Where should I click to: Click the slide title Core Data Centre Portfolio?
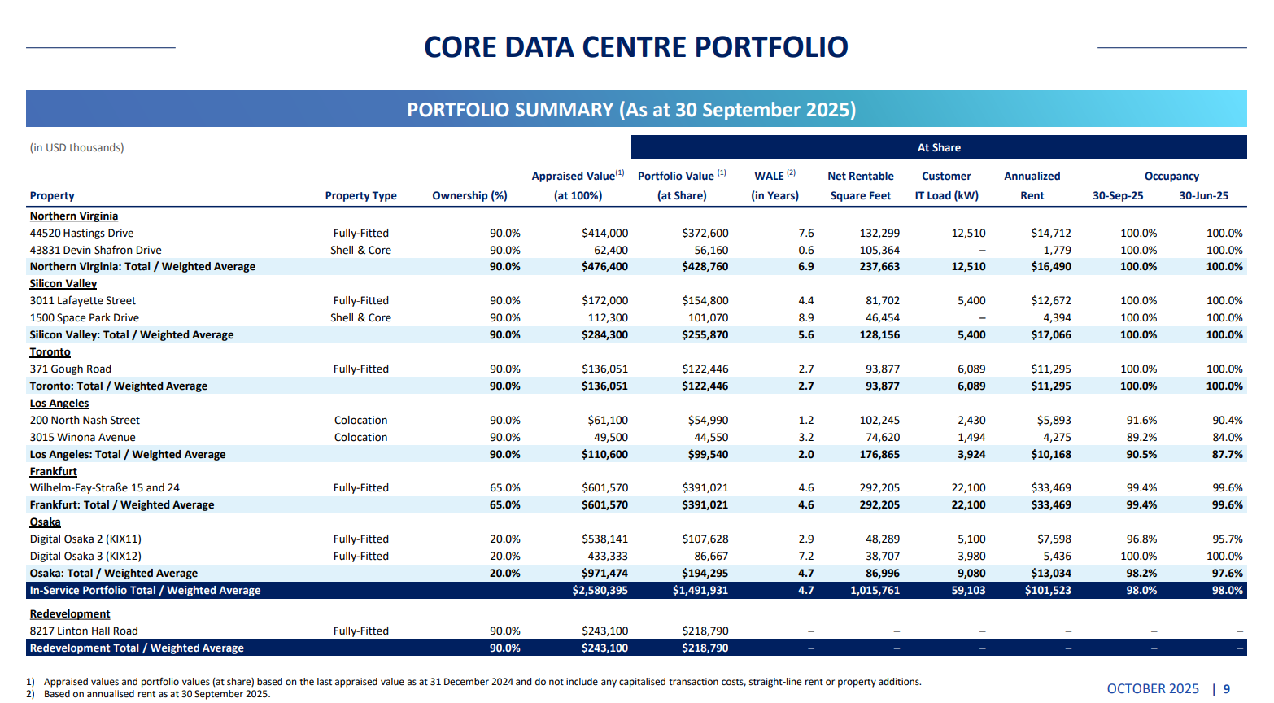coord(635,47)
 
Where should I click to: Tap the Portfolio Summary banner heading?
coord(631,110)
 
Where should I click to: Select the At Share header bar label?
coord(939,148)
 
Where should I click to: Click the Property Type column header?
coord(360,196)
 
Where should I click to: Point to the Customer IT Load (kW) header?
coord(946,186)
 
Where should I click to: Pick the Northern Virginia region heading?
coord(74,216)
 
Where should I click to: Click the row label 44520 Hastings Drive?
coord(81,234)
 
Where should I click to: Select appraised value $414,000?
coord(604,234)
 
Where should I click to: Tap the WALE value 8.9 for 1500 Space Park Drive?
coord(805,318)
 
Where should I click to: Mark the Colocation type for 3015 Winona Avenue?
coord(360,438)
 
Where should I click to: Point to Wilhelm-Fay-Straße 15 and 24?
coord(104,488)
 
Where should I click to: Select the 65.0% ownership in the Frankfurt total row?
coord(504,505)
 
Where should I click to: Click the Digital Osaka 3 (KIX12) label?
coord(85,557)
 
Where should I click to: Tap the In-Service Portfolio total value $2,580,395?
coord(600,591)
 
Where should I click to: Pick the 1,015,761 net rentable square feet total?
coord(875,591)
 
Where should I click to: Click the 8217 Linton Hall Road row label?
coord(84,631)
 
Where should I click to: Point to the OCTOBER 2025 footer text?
coord(1152,689)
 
